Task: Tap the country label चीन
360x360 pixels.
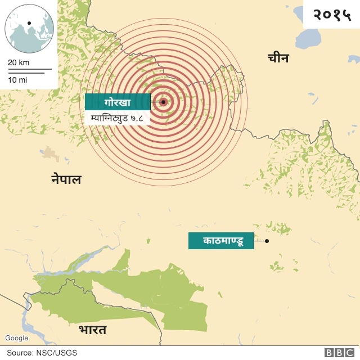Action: (278, 57)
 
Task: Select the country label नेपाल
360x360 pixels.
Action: (66, 179)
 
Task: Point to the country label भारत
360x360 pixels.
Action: (92, 329)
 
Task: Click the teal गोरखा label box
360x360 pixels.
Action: (117, 102)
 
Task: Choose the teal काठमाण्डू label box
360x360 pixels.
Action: (220, 241)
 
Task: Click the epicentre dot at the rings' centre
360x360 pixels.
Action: (163, 102)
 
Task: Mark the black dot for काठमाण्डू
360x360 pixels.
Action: (267, 241)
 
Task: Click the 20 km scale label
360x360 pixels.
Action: (19, 62)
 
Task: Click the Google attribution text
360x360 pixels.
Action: (17, 338)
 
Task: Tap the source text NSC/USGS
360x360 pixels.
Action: (57, 353)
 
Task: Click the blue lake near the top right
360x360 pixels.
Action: (310, 38)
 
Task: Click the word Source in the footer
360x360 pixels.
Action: (19, 353)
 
